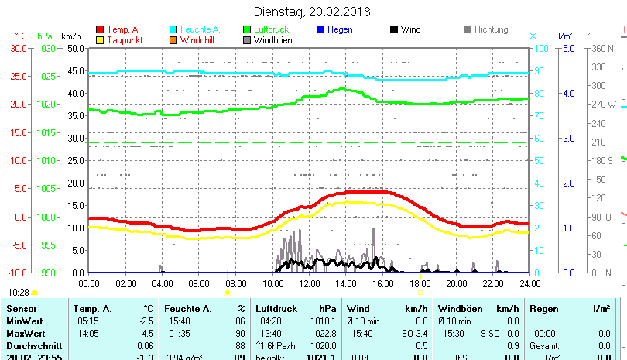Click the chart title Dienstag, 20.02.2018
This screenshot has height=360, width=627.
point(313,12)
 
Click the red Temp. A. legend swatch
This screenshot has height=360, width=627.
point(99,29)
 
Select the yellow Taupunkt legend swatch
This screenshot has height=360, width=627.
point(99,39)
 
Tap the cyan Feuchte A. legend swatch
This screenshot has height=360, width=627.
point(173,29)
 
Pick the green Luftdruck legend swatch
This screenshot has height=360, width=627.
point(248,29)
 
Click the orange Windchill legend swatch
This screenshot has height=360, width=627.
point(173,39)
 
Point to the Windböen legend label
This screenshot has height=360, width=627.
point(272,40)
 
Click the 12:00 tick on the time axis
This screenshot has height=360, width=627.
point(309,283)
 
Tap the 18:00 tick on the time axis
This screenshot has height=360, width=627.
point(420,283)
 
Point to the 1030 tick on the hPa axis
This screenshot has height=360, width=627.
point(46,48)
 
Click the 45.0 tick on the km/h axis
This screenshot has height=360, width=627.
point(74,70)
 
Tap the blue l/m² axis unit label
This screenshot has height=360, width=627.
point(564,36)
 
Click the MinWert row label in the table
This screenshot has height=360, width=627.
point(24,321)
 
